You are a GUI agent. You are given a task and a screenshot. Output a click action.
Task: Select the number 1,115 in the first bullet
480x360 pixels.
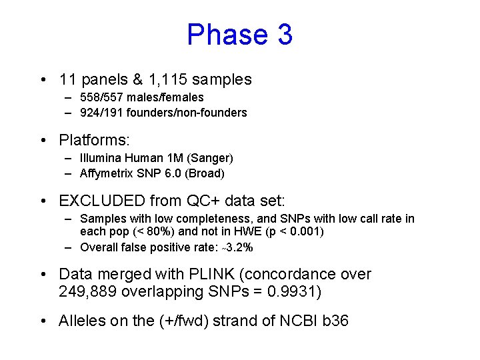(169, 79)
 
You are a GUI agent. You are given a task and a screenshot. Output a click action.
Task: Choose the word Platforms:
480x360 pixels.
(95, 140)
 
